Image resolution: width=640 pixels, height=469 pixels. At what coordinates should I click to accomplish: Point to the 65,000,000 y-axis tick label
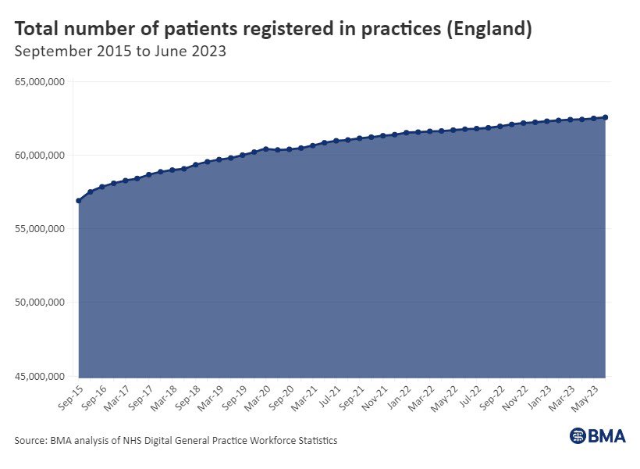pyautogui.click(x=41, y=81)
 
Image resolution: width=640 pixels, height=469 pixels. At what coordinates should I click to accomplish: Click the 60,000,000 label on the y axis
pyautogui.click(x=41, y=156)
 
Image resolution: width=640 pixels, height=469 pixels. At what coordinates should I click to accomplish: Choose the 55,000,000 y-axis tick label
pyautogui.click(x=41, y=229)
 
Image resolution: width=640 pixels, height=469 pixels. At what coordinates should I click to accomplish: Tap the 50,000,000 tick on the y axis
pyautogui.click(x=41, y=303)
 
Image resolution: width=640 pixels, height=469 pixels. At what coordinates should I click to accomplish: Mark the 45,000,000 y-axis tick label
pyautogui.click(x=41, y=376)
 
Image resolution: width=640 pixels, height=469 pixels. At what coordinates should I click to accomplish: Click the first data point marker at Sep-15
pyautogui.click(x=79, y=201)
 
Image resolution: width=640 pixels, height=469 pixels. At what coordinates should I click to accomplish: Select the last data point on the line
pyautogui.click(x=606, y=117)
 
